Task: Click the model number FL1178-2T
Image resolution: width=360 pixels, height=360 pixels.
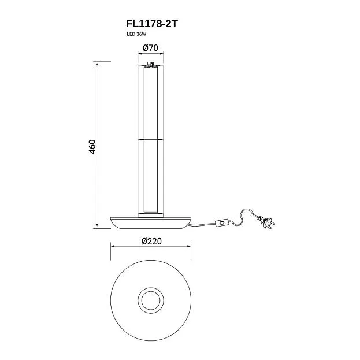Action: coord(152,24)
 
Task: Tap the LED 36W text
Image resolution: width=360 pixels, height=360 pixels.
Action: coord(136,34)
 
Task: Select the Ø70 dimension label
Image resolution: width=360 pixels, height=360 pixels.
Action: coord(150,48)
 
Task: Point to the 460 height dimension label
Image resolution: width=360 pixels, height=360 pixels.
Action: coord(92,147)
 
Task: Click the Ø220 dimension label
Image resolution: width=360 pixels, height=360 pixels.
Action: coord(151,241)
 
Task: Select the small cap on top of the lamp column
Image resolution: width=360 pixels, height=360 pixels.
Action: coord(151,64)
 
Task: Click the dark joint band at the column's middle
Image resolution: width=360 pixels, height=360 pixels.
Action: coord(151,139)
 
